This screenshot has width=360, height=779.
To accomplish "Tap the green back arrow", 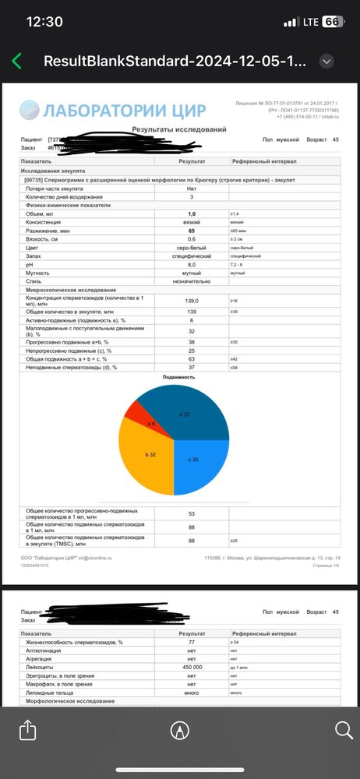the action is point(16,62).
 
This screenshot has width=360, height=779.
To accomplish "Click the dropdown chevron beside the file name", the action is point(327,62).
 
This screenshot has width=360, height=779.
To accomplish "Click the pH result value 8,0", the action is point(192,264).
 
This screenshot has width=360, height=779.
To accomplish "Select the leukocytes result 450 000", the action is point(192,667).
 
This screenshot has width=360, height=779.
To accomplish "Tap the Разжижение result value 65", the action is point(192,231).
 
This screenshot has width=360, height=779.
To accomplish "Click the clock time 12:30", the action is point(44,22).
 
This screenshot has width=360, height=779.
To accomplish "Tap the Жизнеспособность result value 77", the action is point(192,641).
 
